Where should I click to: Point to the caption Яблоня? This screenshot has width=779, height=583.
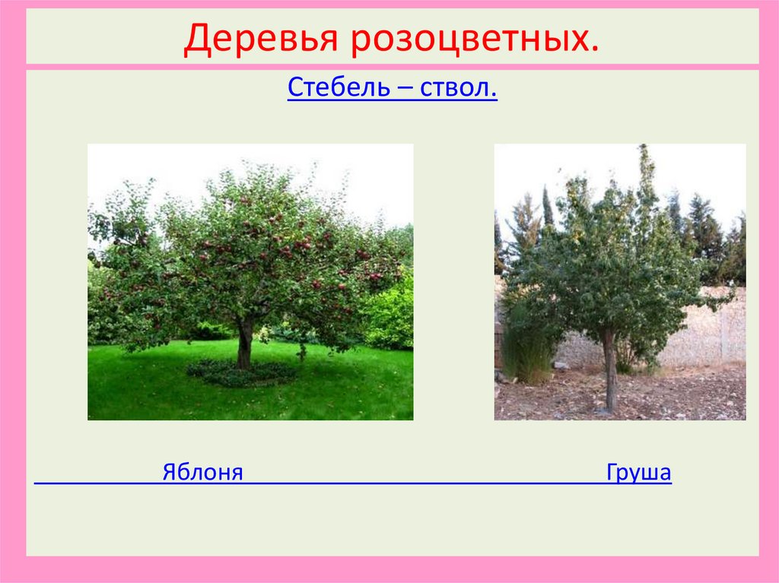202,473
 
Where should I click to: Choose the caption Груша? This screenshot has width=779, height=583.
639,473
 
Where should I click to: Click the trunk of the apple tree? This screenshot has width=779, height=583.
244,346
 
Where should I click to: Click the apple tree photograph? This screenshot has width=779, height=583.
250,281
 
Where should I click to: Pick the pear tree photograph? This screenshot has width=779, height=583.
620,281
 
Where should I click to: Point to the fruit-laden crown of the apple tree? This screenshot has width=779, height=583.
251,243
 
